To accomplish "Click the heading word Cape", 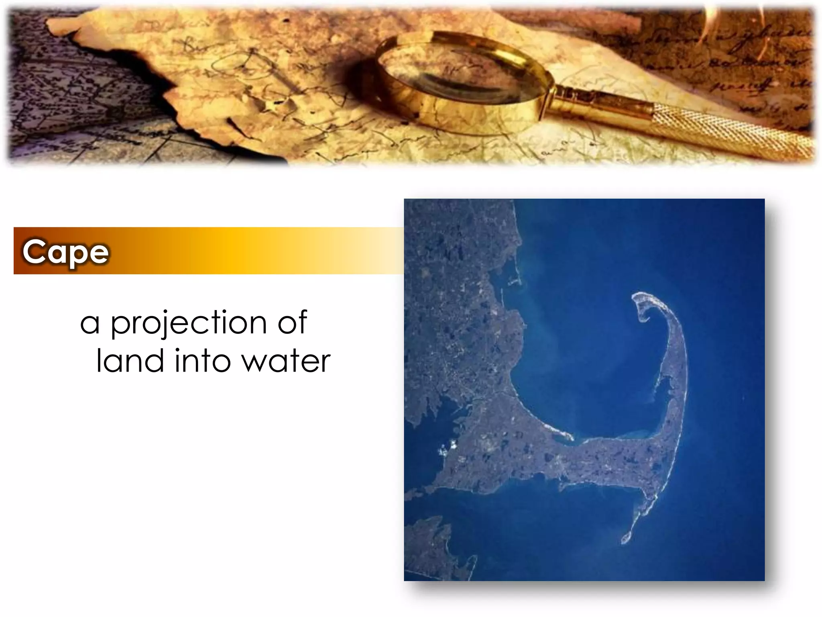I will click(65, 252).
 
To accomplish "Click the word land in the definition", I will click(130, 361).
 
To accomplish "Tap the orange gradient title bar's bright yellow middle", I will click(233, 251).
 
